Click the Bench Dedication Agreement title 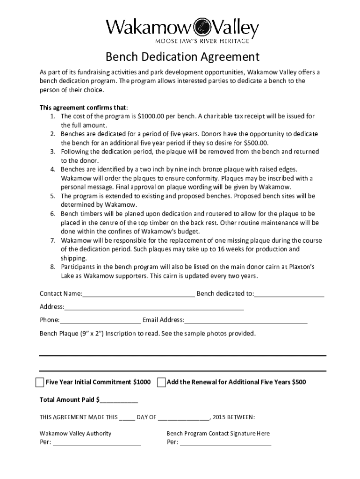point(182,57)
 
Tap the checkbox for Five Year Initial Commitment point(40,382)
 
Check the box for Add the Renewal point(161,382)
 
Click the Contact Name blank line point(138,295)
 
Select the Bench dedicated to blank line point(289,295)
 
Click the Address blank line point(154,308)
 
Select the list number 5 point(54,196)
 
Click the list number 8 point(54,267)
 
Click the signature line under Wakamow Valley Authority point(97,443)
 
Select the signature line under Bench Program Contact point(225,443)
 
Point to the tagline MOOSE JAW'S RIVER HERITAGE point(182,41)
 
